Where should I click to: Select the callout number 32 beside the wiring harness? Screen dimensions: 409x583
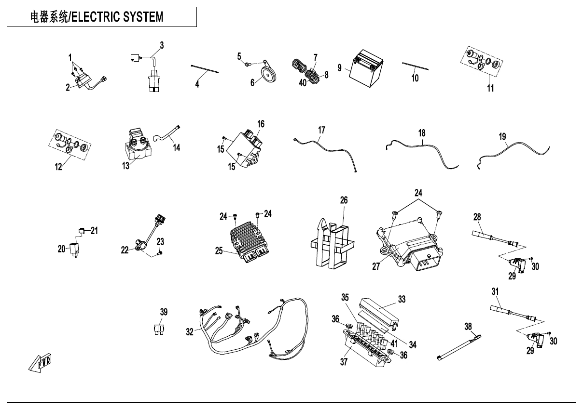point(190,331)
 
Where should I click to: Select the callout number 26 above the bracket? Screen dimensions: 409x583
point(344,200)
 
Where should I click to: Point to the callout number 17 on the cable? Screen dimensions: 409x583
point(322,130)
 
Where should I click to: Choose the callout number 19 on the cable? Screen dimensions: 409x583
point(502,137)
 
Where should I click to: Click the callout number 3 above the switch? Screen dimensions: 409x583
point(162,45)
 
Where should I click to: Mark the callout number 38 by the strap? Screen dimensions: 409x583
point(468,326)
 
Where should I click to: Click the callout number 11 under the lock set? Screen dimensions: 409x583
point(490,88)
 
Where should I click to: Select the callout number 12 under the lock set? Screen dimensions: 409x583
point(58,167)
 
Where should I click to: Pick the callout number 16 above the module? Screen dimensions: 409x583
point(261,124)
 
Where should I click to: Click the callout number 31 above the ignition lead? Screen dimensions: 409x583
point(495,291)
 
